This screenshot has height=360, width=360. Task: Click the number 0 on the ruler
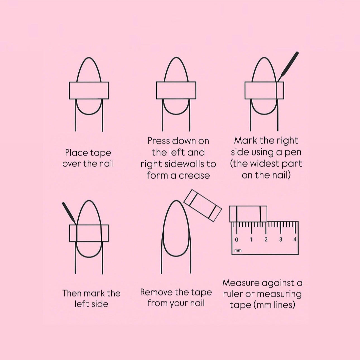click(237, 239)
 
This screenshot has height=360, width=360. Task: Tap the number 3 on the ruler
click(280, 239)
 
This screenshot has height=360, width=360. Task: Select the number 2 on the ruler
click(266, 239)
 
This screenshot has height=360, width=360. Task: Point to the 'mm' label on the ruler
click(238, 250)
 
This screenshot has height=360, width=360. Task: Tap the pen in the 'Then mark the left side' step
click(69, 213)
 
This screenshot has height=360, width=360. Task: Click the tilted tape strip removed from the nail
click(203, 205)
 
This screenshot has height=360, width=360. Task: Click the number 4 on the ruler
click(295, 239)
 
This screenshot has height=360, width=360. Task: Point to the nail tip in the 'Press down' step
click(176, 58)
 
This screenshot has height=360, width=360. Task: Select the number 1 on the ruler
click(251, 239)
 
